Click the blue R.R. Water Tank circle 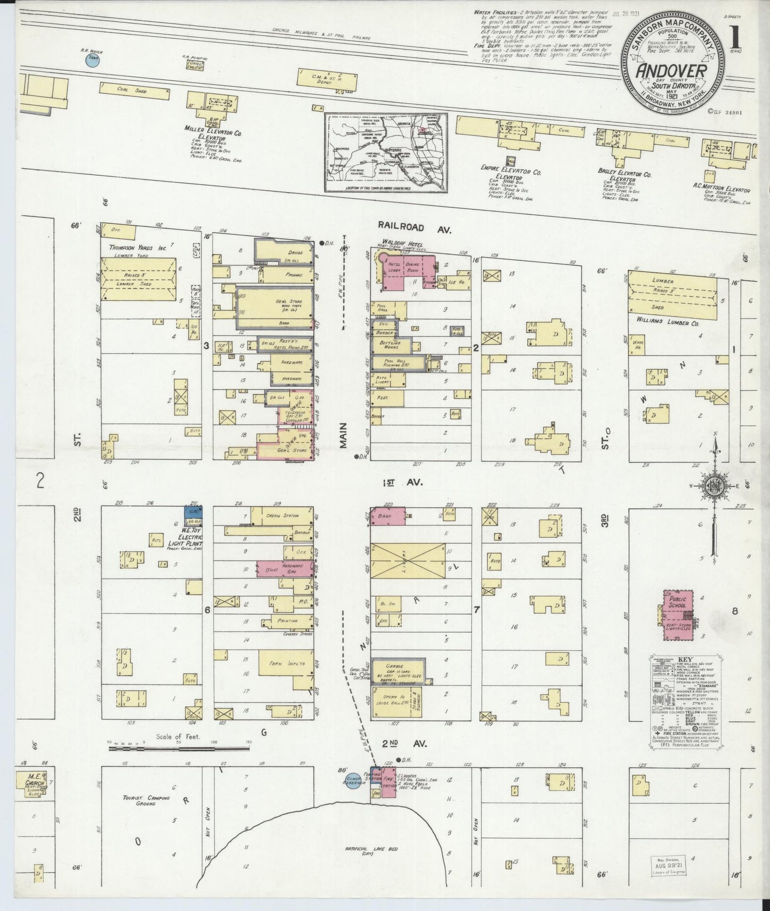(93, 60)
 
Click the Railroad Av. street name (416, 228)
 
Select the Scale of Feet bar (179, 748)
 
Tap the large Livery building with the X (408, 560)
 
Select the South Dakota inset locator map (386, 153)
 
